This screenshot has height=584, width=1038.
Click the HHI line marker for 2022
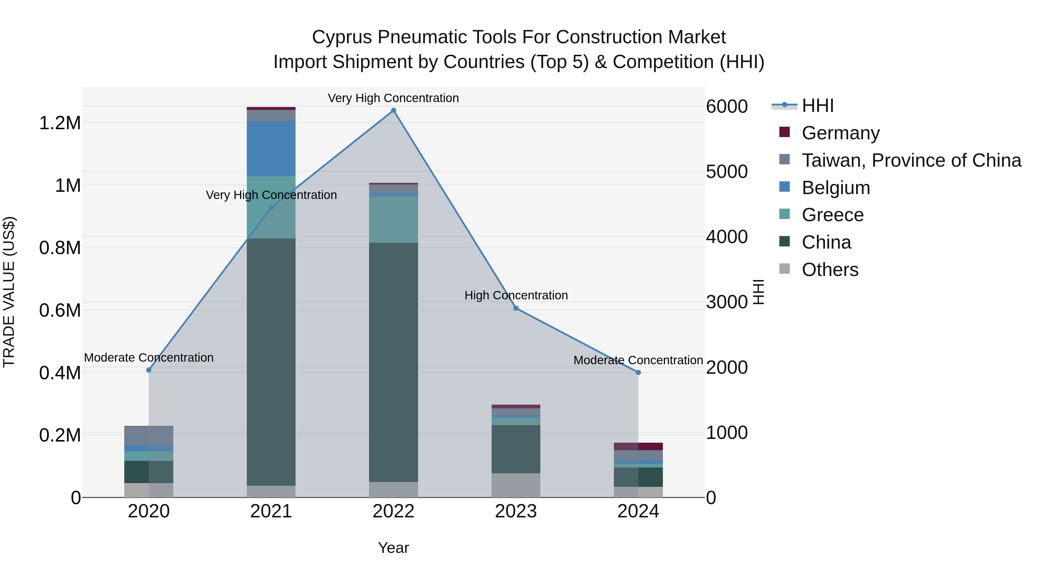point(393,110)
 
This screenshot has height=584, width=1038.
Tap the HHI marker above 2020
point(149,370)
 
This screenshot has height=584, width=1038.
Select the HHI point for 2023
point(516,308)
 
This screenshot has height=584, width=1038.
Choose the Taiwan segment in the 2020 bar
point(149,435)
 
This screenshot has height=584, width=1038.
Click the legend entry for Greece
point(832,215)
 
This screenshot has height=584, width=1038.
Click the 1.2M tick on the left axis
point(60,123)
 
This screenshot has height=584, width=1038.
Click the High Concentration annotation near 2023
point(516,295)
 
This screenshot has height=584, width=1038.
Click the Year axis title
point(393,548)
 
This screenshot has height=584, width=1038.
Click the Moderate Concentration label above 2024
point(638,360)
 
